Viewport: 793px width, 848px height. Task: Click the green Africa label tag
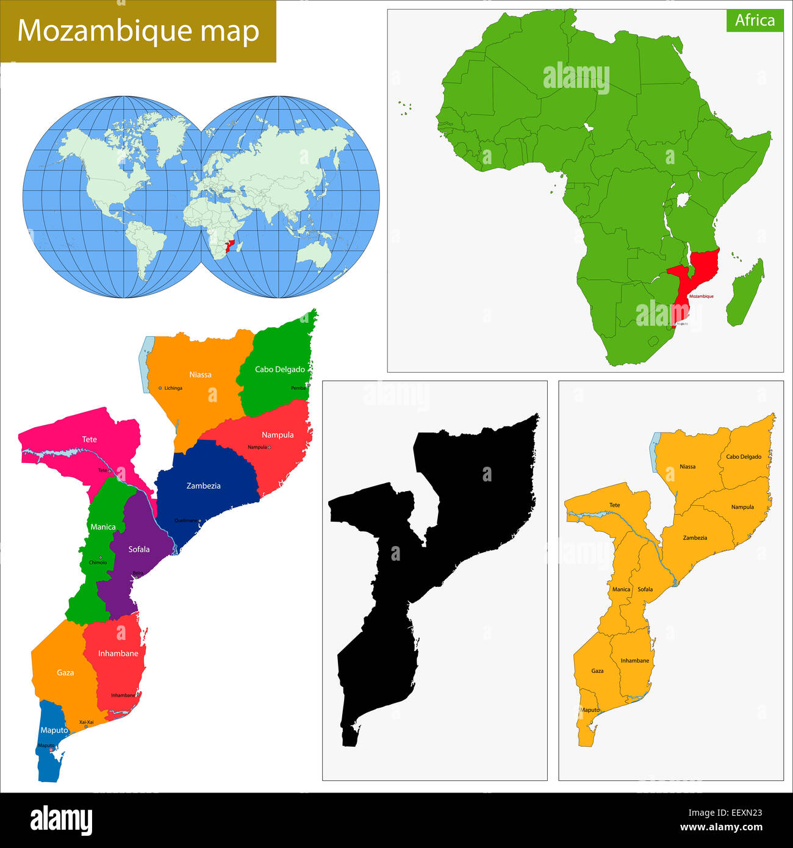(755, 21)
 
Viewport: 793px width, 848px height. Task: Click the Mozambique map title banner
(138, 31)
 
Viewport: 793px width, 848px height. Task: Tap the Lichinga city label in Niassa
(173, 388)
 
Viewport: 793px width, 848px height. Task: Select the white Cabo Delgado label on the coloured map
(279, 369)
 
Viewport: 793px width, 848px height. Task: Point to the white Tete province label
(90, 439)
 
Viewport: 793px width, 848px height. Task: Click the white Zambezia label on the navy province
(203, 486)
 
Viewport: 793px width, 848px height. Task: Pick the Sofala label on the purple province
(139, 549)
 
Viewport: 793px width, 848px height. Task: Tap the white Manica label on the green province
(103, 526)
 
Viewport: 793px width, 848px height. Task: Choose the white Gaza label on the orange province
(65, 672)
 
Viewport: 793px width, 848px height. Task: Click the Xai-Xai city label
(87, 722)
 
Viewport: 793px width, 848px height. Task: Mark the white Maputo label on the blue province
(54, 730)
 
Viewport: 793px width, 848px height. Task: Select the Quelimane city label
(186, 520)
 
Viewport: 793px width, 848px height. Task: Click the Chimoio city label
(98, 562)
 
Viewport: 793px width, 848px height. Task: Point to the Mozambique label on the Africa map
(701, 296)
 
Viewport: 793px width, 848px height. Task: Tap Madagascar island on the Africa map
(746, 293)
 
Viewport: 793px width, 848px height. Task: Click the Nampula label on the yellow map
(742, 507)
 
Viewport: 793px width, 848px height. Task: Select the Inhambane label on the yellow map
(634, 661)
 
